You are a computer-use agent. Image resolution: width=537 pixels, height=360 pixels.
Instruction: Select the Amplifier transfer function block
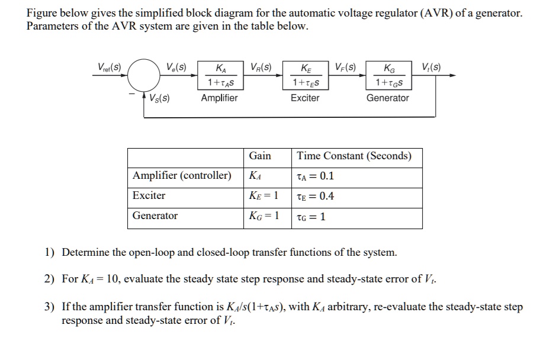pos(219,75)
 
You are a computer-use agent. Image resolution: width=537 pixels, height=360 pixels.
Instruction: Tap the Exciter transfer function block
pos(305,75)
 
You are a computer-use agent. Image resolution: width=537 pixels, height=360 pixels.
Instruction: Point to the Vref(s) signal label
pos(109,67)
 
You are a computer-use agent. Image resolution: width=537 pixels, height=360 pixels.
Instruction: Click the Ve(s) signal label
pos(176,67)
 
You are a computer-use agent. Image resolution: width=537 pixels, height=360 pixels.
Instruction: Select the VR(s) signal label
pos(261,67)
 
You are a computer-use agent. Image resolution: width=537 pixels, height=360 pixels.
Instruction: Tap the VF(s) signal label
pos(346,67)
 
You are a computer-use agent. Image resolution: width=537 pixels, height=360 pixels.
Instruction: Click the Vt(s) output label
pos(430,67)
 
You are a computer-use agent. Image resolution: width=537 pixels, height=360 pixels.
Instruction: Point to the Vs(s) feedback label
pos(159,98)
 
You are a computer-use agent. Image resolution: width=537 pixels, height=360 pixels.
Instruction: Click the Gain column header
pos(260,156)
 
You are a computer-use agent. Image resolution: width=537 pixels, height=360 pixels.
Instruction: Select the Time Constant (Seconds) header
pos(354,156)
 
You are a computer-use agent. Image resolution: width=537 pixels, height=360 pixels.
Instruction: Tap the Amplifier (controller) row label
pos(182,176)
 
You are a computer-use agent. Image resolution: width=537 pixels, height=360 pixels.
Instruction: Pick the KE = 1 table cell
pos(263,196)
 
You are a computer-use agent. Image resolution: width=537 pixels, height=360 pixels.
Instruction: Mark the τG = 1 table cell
pos(311,217)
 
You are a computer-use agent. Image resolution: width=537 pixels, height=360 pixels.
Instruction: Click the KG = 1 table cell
pos(264,216)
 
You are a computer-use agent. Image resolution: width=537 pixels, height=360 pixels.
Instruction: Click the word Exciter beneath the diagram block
pos(305,98)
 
